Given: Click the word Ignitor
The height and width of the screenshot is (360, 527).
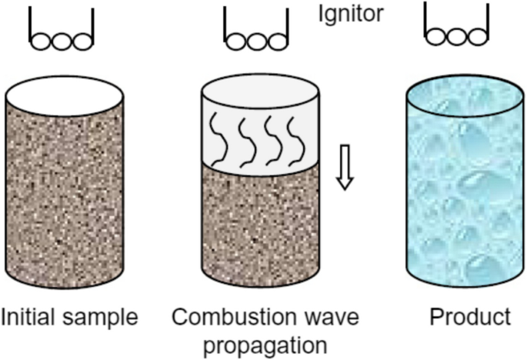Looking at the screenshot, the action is pos(350,14).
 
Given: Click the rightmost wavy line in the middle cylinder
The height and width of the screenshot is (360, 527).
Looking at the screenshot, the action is pos(292,139).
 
